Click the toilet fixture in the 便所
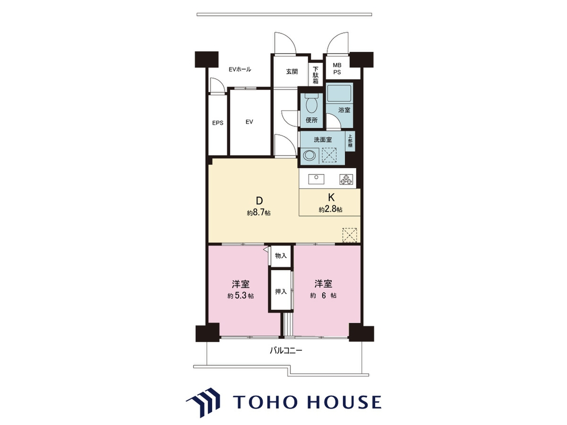point(311,104)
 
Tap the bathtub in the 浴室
point(339,93)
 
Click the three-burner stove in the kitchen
point(346,179)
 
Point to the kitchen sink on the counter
point(316,179)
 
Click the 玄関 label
point(292,71)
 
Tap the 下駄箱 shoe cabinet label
point(316,75)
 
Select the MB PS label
point(337,69)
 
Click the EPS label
point(218,123)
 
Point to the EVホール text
point(240,70)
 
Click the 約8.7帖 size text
point(259,213)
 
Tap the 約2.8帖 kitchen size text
point(330,209)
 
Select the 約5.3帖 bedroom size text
point(241,296)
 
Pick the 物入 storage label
point(281,256)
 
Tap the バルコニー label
point(286,351)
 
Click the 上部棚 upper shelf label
point(350,141)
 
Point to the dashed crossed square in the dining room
point(350,235)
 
